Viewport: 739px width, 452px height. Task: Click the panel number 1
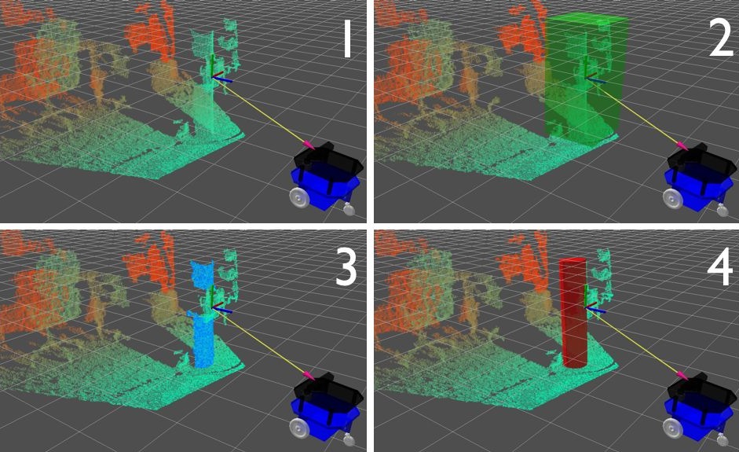[348, 42]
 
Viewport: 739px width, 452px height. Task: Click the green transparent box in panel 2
[586, 78]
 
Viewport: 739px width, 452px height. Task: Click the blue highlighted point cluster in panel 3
[202, 315]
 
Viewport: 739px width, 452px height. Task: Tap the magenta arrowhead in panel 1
[308, 145]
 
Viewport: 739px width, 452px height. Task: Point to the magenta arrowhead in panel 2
[682, 145]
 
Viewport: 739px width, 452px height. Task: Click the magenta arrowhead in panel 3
[308, 375]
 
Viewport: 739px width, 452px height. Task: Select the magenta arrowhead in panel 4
[682, 375]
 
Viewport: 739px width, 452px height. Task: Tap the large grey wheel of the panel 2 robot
[672, 197]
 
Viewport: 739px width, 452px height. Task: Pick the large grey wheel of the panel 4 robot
[672, 428]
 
